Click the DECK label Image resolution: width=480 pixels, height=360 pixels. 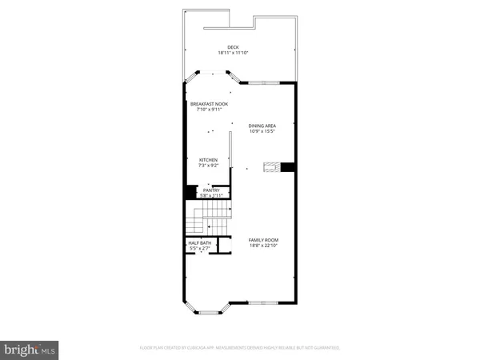click(x=234, y=47)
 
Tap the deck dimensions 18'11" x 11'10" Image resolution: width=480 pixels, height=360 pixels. click(x=234, y=53)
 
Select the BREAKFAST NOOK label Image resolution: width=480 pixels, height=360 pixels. click(x=208, y=103)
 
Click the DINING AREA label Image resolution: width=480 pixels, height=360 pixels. click(x=262, y=125)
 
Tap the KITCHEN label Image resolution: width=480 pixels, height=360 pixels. click(x=209, y=160)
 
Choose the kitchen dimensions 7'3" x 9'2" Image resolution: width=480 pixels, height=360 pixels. click(x=209, y=166)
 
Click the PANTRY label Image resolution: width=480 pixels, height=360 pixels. click(x=210, y=190)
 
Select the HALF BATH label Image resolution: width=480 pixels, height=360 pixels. click(x=199, y=243)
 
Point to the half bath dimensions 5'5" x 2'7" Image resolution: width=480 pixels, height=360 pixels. click(x=199, y=249)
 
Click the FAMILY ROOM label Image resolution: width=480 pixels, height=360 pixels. click(x=263, y=239)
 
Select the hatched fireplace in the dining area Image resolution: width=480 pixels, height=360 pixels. click(x=272, y=167)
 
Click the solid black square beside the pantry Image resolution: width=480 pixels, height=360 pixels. click(x=190, y=192)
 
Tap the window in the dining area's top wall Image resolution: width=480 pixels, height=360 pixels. click(x=261, y=82)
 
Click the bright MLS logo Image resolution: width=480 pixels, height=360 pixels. click(x=30, y=350)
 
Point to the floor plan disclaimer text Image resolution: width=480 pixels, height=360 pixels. click(x=239, y=348)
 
